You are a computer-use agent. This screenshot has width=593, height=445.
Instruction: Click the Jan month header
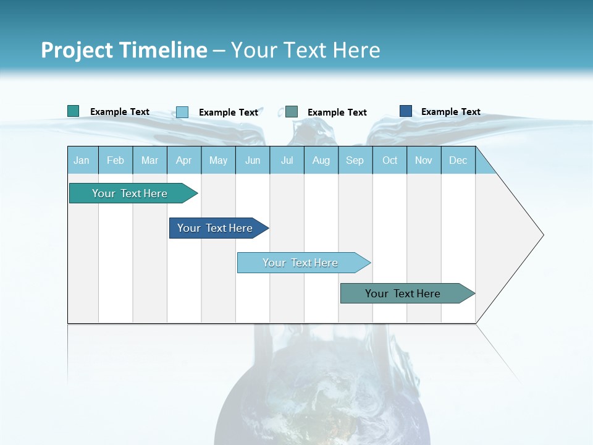(82, 160)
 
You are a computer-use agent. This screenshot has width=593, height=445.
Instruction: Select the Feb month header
(116, 160)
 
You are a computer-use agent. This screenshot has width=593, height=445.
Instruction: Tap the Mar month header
(149, 160)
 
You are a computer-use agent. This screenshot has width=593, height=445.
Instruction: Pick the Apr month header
(184, 160)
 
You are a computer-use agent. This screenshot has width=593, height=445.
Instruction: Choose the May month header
(218, 160)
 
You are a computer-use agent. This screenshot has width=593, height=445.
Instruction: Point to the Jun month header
(253, 160)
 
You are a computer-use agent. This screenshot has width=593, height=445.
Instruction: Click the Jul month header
(287, 160)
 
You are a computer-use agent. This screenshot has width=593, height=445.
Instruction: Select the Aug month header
(321, 160)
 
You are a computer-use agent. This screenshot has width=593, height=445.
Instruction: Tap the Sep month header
(355, 160)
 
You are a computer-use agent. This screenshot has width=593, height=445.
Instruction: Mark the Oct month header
(390, 160)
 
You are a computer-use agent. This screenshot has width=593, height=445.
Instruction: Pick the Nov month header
(424, 160)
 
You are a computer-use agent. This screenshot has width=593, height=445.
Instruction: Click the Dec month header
(458, 160)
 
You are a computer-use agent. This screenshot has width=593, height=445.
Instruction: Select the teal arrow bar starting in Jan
(130, 193)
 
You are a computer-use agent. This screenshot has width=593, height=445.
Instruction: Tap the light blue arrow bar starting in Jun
(301, 263)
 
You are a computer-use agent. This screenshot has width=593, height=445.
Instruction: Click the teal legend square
(74, 111)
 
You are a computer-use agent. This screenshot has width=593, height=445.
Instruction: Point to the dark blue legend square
(406, 111)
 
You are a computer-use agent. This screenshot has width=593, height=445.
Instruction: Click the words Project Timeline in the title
(124, 50)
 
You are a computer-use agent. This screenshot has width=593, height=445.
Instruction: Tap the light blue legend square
(182, 112)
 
